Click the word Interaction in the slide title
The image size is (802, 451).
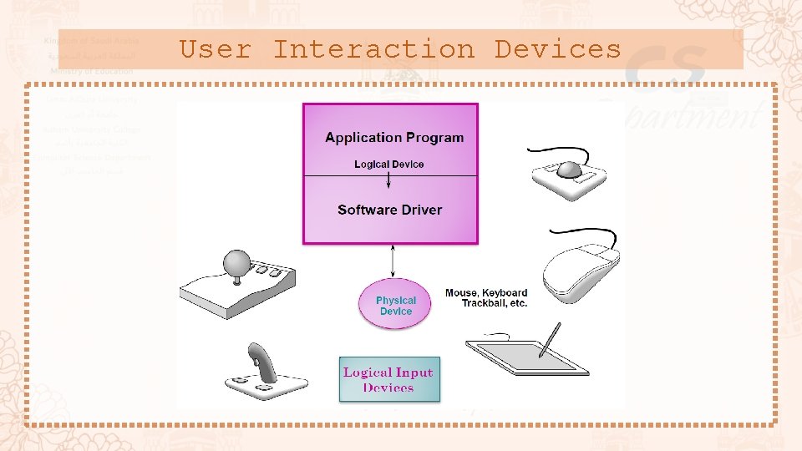[373, 49]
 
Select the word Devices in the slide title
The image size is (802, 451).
[557, 49]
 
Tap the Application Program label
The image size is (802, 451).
[394, 138]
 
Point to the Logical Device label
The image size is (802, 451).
[388, 165]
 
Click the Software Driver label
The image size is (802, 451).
[389, 210]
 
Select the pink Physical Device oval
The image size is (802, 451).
[395, 305]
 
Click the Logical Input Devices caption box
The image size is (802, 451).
[388, 380]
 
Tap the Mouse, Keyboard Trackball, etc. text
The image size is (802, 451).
[486, 298]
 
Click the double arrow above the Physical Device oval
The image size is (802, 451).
[393, 261]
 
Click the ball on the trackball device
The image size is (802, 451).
[571, 169]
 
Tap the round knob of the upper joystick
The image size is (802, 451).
[238, 261]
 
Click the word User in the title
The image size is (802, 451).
[216, 49]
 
